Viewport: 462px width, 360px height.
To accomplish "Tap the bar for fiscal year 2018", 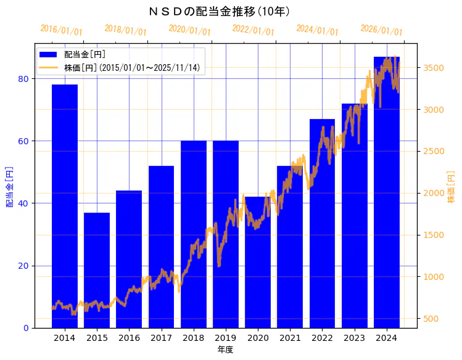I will (194, 234).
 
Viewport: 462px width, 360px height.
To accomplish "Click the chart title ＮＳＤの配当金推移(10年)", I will (220, 11).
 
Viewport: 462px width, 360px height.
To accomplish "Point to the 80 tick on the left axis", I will (24, 78).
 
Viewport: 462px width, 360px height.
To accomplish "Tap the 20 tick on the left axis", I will (24, 266).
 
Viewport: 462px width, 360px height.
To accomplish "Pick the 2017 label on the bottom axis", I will (161, 338).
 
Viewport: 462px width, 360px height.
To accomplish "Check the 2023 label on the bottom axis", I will (354, 338).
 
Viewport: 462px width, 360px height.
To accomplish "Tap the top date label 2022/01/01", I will (254, 30).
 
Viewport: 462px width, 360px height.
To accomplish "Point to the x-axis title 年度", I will (226, 350).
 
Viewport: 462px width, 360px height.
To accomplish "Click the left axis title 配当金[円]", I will (9, 186).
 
